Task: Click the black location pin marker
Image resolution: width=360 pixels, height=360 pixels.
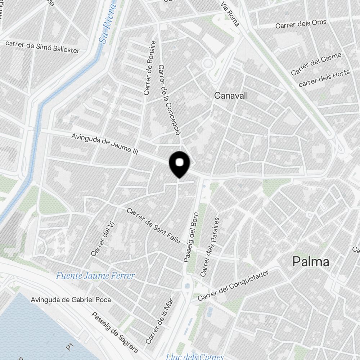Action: click(x=179, y=164)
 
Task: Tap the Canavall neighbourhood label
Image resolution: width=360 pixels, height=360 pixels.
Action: click(x=231, y=95)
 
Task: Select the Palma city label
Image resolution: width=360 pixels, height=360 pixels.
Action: click(x=311, y=262)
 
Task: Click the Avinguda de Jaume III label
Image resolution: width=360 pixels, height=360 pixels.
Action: click(x=105, y=144)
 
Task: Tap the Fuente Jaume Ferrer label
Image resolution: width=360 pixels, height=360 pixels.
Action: click(x=95, y=276)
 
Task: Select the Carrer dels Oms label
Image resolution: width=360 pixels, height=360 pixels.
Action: click(x=301, y=24)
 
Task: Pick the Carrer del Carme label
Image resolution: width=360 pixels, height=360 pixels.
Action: click(x=316, y=64)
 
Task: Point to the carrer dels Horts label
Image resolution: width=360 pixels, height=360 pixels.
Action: click(x=324, y=78)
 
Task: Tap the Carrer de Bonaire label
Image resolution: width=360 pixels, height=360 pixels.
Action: click(x=150, y=68)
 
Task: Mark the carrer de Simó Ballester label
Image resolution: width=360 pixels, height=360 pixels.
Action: click(x=42, y=47)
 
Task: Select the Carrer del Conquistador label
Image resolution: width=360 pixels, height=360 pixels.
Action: click(x=233, y=286)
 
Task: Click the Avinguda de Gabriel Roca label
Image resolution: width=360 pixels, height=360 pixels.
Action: click(x=71, y=300)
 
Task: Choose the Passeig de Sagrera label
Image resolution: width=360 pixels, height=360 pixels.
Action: click(x=114, y=332)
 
